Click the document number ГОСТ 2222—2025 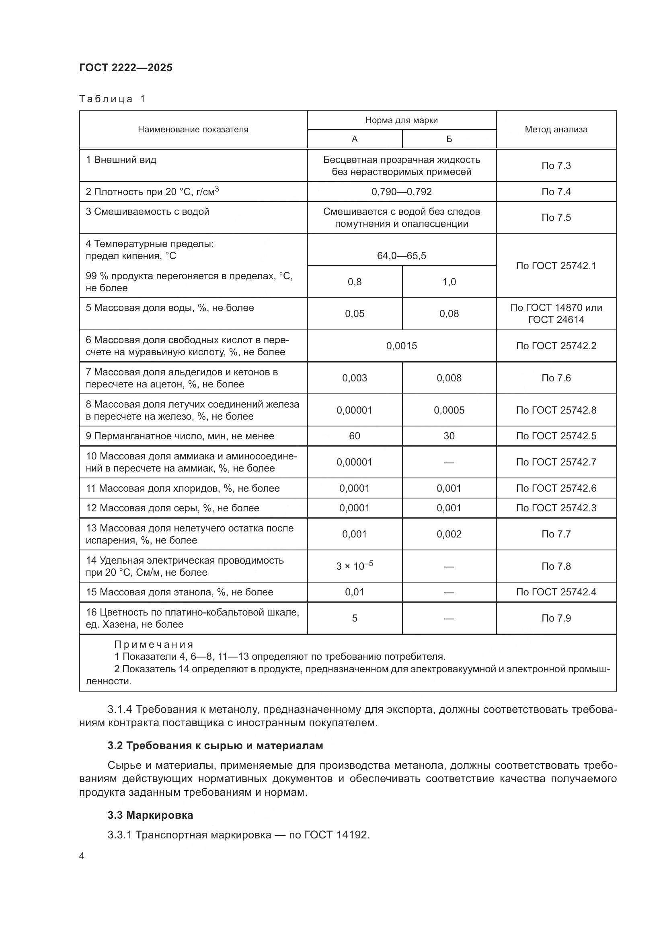(126, 68)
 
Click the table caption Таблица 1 (112, 99)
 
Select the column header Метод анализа (556, 130)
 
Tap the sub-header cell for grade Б (449, 139)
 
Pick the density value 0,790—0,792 (401, 192)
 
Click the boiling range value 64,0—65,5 (401, 256)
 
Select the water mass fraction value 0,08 (449, 313)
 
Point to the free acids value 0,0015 (401, 346)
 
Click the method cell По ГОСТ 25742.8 (556, 410)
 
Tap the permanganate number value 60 (354, 436)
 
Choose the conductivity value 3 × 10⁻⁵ (354, 566)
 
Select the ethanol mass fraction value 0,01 (354, 592)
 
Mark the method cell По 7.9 (556, 618)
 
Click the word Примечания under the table (154, 644)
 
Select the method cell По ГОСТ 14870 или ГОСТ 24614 (556, 313)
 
